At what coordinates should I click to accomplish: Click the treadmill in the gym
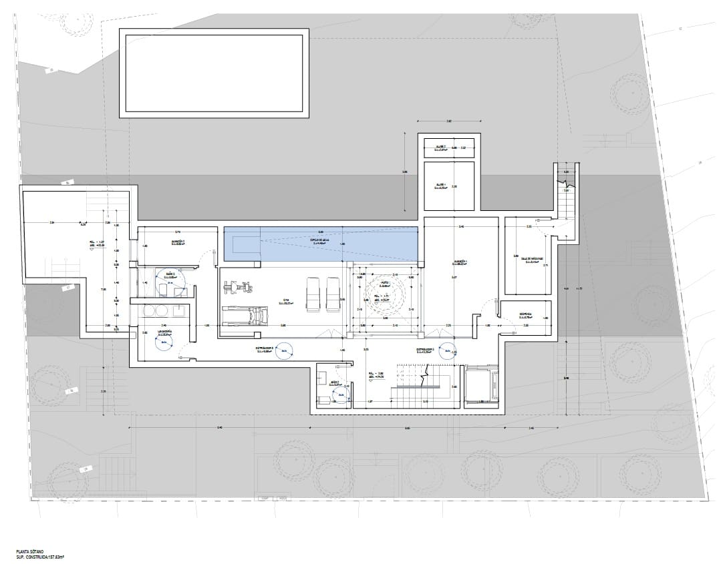coord(244,316)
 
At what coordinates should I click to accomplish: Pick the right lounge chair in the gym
coord(333,294)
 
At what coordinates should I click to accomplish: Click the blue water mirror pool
coord(321,244)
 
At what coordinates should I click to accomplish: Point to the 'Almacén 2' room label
coord(178,242)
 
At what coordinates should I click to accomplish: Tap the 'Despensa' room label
coord(526,315)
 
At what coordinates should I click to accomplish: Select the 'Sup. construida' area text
coord(43,556)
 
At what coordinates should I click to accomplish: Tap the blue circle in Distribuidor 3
coord(285,349)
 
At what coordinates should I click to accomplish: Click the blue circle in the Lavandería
coord(162,342)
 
